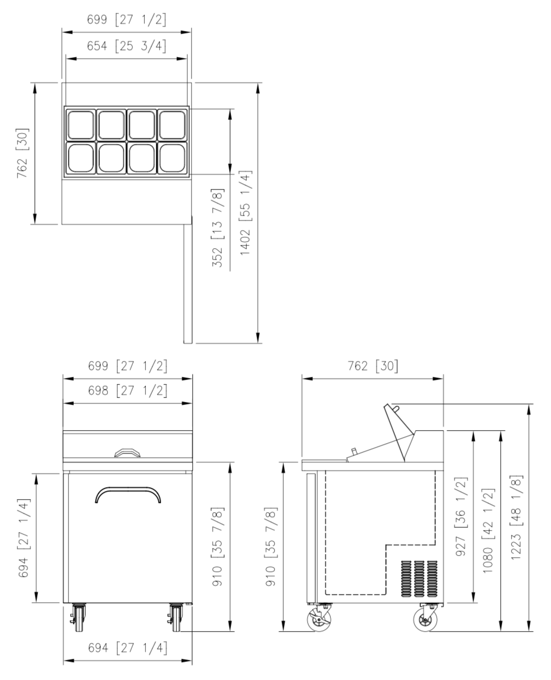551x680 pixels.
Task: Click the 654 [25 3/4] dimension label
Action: coord(126,46)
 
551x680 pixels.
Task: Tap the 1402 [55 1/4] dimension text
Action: coord(246,212)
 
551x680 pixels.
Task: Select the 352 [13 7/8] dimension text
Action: coord(218,228)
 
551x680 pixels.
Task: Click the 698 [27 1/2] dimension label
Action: coord(127,391)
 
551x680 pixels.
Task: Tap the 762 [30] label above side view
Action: coord(373,366)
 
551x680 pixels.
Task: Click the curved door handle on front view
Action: coord(128,488)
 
